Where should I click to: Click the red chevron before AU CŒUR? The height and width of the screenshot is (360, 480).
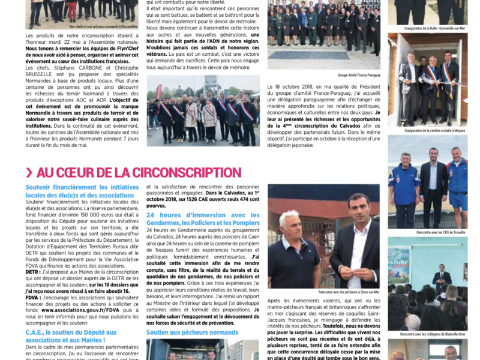pos(29,173)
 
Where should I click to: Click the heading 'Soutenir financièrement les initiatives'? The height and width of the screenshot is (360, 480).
pos(82,187)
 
